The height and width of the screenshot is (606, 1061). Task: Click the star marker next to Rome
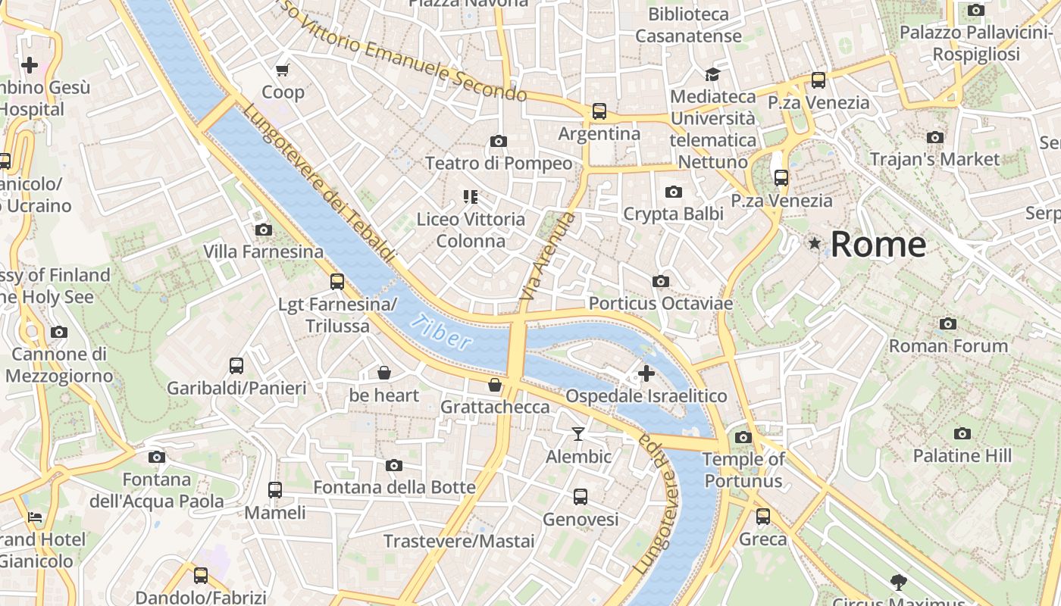tap(815, 243)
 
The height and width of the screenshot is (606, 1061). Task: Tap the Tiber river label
tap(442, 333)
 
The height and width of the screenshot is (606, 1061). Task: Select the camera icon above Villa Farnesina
tap(264, 230)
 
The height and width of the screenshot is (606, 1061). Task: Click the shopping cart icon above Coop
tap(283, 70)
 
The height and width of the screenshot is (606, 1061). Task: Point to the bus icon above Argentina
tap(599, 111)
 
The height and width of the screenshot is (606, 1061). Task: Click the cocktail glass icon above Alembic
tap(578, 433)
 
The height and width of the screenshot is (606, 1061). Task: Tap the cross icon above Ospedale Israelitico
tap(646, 373)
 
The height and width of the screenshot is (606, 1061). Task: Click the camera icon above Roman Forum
tap(948, 323)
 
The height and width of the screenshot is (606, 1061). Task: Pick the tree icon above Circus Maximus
tap(899, 582)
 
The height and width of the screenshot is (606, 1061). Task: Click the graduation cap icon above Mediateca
tap(712, 74)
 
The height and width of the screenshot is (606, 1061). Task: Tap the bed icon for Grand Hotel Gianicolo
tap(35, 517)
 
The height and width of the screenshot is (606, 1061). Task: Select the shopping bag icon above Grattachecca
tap(495, 385)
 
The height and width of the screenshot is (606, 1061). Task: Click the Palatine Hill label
tap(962, 456)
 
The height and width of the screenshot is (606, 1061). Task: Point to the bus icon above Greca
tap(763, 517)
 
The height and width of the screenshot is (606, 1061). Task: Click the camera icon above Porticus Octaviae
tap(661, 281)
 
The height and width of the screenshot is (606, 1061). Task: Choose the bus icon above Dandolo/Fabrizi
tap(201, 575)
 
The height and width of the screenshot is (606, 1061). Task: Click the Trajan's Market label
tap(934, 159)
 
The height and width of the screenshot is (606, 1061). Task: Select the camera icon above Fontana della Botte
tap(394, 465)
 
